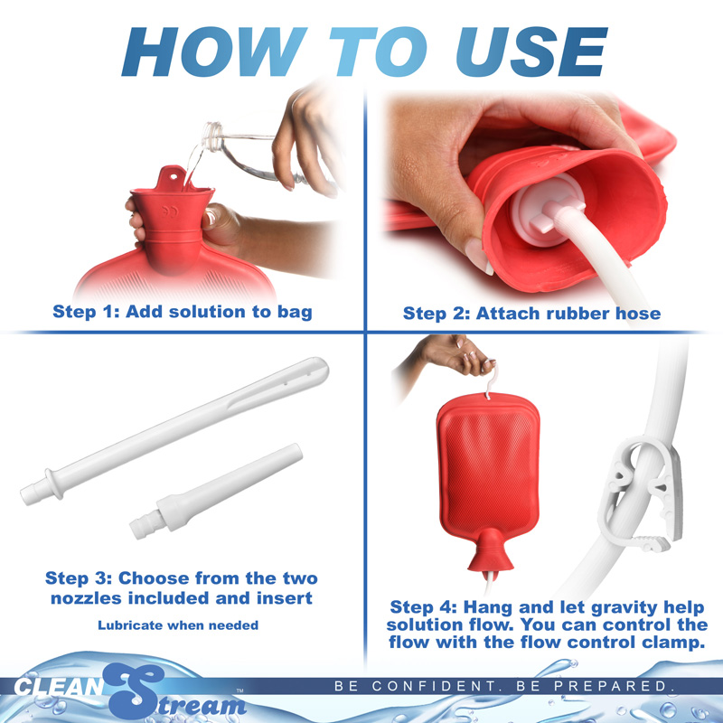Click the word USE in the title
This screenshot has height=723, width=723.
click(x=511, y=52)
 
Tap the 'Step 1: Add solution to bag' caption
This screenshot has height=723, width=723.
click(x=183, y=312)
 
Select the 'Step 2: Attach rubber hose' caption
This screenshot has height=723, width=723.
click(x=531, y=314)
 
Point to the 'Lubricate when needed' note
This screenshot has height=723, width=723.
click(x=178, y=624)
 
